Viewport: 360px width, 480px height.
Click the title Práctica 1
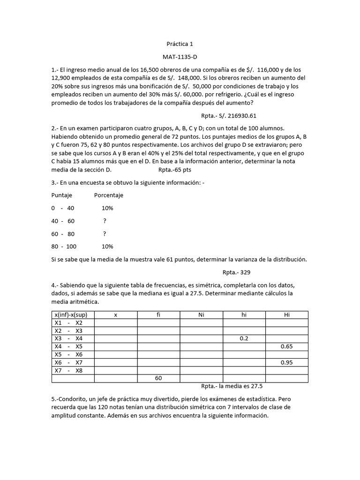click(180, 44)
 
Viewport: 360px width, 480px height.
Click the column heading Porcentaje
click(109, 195)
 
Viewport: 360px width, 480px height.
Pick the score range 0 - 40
click(63, 208)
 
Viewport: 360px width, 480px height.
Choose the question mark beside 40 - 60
click(105, 221)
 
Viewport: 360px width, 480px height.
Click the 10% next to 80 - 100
click(107, 246)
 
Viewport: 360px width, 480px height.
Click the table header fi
click(158, 315)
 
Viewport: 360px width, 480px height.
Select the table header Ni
click(201, 315)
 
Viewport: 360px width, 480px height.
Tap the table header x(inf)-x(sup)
click(73, 315)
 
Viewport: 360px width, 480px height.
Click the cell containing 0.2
click(244, 338)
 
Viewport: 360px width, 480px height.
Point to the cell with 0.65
click(287, 346)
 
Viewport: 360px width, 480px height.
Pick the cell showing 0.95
click(287, 362)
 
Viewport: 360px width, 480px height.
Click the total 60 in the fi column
click(158, 378)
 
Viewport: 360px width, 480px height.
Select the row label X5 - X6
click(68, 354)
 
